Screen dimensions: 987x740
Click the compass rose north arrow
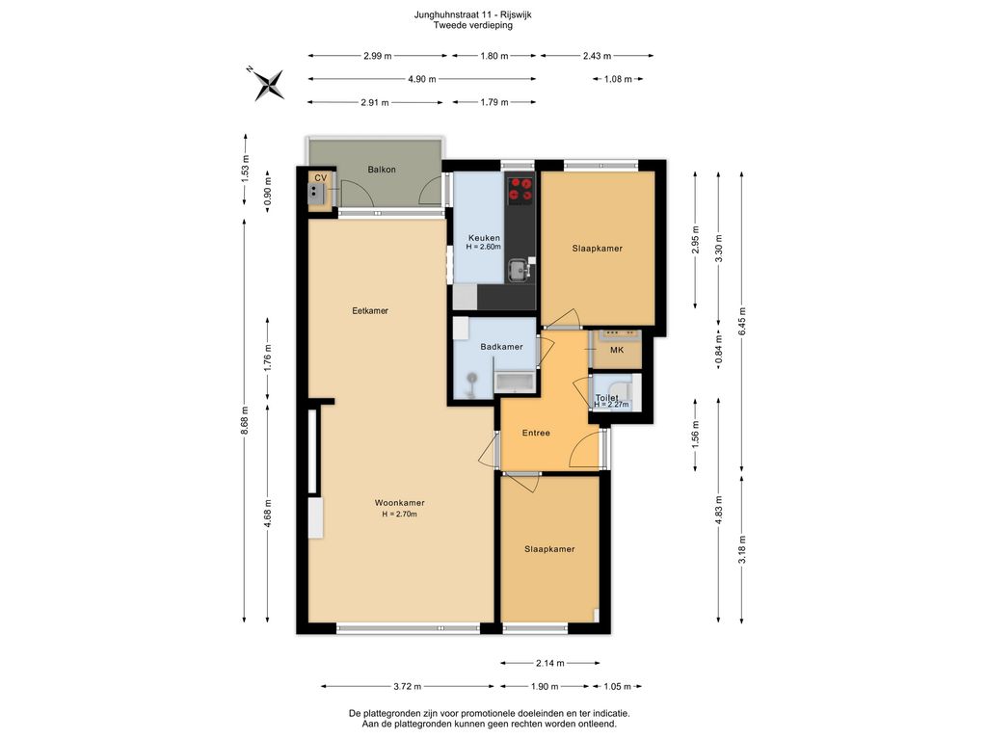point(269,84)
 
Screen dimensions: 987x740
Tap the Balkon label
point(382,170)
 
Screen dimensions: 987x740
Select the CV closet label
point(320,178)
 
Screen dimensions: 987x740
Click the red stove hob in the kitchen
point(520,189)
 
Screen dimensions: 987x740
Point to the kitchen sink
point(520,271)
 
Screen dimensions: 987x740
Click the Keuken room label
point(484,238)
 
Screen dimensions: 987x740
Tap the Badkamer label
point(501,347)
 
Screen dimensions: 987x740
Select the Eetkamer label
point(370,310)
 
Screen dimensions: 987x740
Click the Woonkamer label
point(400,503)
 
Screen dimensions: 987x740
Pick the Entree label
point(536,433)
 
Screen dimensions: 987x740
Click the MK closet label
point(617,350)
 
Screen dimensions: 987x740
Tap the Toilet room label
point(607,398)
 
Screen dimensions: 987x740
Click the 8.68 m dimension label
point(245,420)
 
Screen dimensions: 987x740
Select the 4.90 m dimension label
point(422,79)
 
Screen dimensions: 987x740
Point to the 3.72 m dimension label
point(408,686)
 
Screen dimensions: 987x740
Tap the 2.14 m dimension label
point(550,663)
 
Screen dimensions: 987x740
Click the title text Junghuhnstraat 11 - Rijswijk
point(472,14)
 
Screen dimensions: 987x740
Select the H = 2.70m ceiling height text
point(400,515)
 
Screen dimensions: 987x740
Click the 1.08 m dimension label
point(618,79)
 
